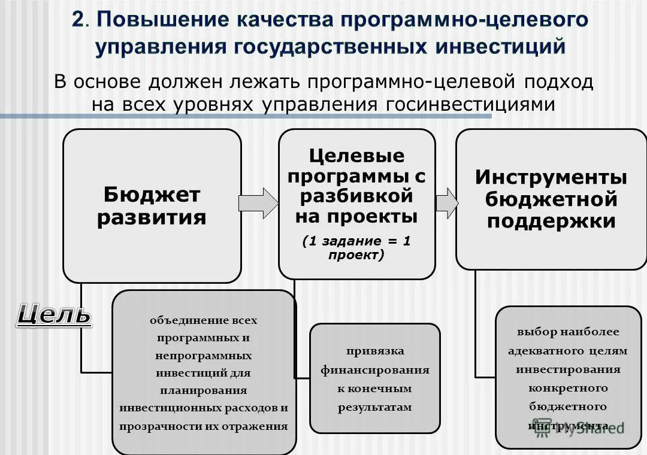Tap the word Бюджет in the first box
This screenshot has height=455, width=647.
click(x=152, y=195)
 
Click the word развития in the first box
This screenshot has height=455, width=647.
click(x=152, y=217)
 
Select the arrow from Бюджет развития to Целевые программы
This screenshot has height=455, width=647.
click(x=259, y=204)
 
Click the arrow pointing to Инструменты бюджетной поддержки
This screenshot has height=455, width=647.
click(x=446, y=204)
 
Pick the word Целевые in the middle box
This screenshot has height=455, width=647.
click(x=357, y=157)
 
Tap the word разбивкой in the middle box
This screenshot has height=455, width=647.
click(x=357, y=196)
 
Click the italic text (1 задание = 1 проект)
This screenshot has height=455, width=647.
click(x=357, y=247)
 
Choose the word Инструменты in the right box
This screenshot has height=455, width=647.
click(x=551, y=178)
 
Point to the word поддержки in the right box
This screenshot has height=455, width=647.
click(x=551, y=222)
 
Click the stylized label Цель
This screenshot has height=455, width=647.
click(x=54, y=314)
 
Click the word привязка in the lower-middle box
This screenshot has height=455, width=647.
click(x=375, y=351)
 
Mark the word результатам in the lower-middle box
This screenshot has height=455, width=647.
click(x=375, y=407)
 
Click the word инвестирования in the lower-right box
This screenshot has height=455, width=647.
click(x=568, y=369)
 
